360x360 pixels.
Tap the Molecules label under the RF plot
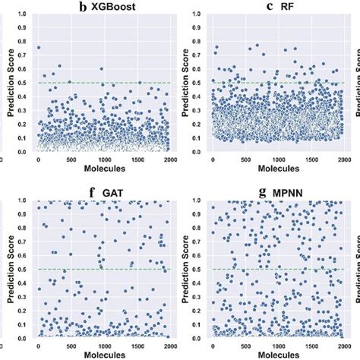point(278,173)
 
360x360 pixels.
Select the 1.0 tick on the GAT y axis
point(24,200)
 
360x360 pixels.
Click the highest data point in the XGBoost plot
point(39,48)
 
